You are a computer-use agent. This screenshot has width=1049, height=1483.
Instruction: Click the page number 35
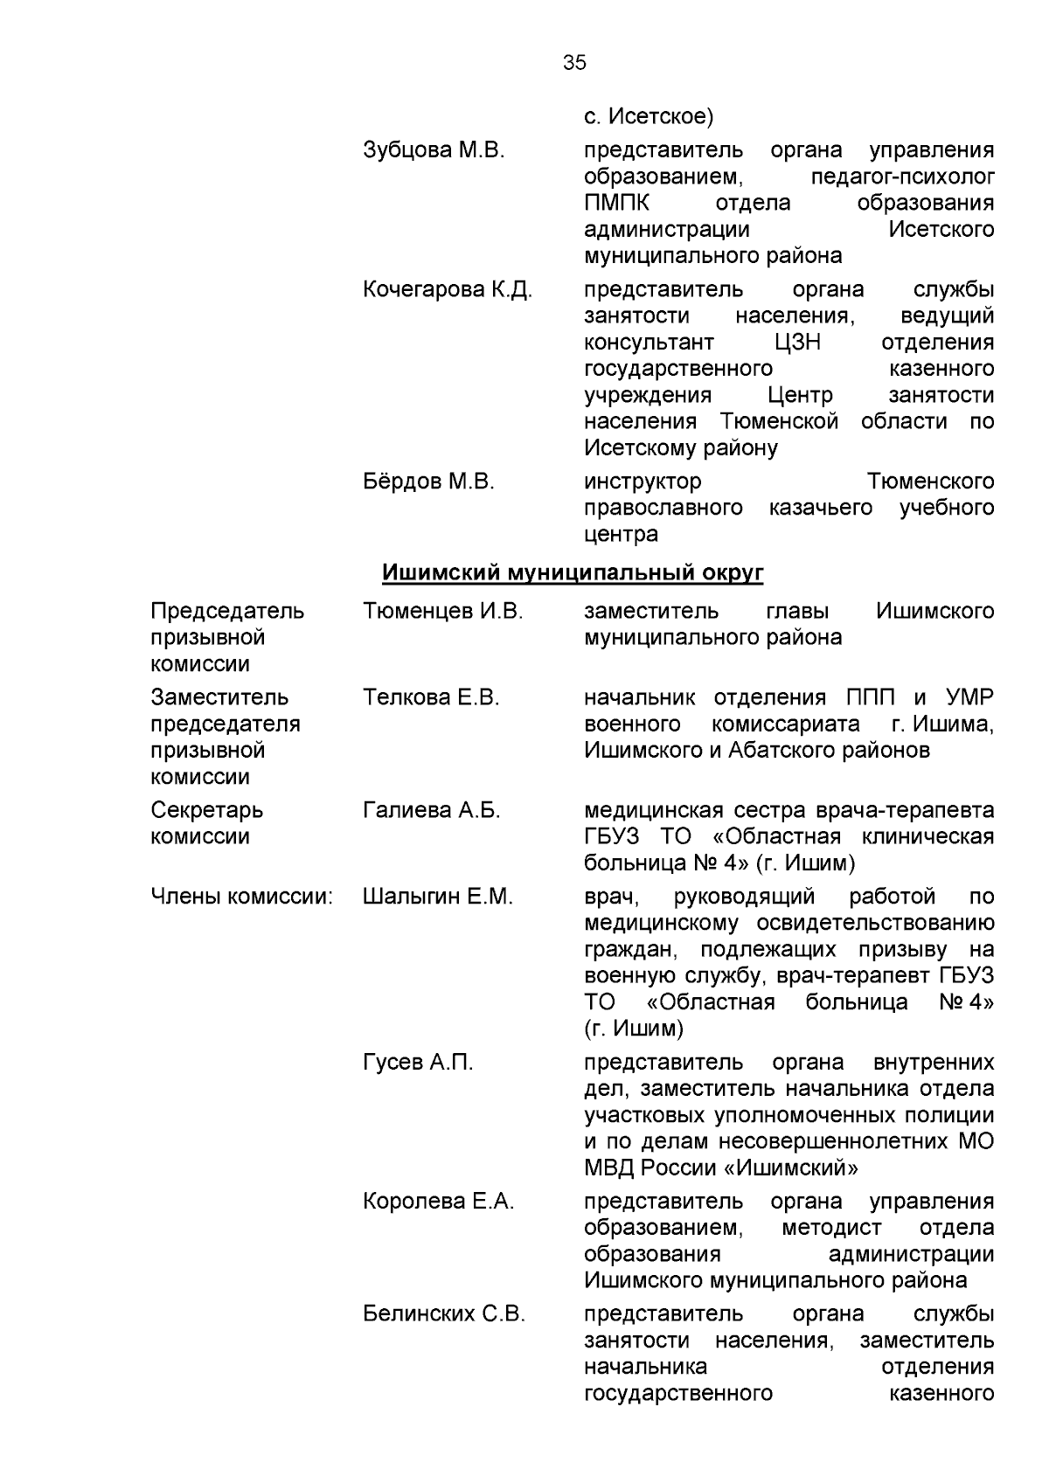(574, 63)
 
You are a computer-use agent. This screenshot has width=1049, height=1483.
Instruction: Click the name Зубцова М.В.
(434, 150)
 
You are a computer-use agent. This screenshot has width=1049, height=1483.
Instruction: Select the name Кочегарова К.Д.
(447, 289)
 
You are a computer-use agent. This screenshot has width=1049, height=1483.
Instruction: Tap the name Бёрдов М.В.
(428, 482)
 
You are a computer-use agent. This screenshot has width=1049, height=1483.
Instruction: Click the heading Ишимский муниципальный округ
(573, 573)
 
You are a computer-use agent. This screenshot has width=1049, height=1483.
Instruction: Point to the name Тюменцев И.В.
(442, 611)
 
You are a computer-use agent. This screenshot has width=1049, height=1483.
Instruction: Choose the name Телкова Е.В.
(430, 697)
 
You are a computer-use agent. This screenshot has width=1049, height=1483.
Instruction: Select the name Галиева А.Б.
(431, 810)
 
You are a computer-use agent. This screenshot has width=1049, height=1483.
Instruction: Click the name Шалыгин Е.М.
(437, 897)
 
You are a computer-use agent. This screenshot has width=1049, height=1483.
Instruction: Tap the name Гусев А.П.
(418, 1063)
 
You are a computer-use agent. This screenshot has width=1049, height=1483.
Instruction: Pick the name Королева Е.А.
(439, 1202)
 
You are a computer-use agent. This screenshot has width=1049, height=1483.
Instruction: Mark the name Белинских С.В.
(444, 1314)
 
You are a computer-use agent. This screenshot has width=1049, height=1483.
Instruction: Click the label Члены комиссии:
(242, 897)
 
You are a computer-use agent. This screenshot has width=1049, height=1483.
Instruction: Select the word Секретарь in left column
(206, 810)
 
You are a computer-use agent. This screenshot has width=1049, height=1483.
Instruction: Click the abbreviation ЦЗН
(797, 342)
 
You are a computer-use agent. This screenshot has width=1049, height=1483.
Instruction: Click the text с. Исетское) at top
(649, 115)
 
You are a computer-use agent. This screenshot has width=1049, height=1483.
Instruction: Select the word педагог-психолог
(902, 177)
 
